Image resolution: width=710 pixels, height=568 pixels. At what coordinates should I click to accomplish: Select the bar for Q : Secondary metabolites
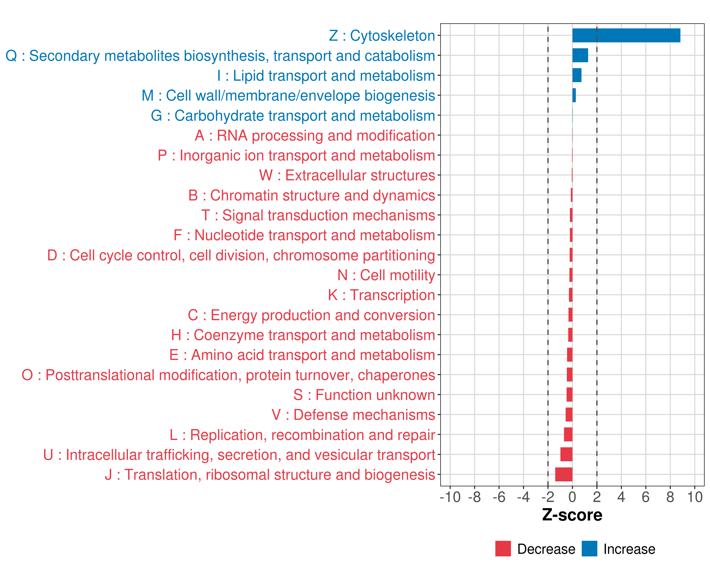click(x=580, y=55)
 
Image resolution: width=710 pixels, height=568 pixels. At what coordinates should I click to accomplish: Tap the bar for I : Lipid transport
click(x=577, y=75)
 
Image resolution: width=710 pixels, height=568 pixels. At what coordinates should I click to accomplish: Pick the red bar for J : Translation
click(x=564, y=475)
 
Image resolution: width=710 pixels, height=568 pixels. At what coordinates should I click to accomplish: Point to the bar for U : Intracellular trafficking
click(x=566, y=454)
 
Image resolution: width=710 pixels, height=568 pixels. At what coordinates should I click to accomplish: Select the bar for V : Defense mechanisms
click(x=569, y=415)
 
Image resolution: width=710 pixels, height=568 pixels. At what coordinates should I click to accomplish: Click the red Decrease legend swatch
click(x=503, y=549)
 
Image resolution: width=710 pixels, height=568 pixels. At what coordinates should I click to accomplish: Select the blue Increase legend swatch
click(x=590, y=549)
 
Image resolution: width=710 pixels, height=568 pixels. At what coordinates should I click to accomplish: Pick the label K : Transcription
click(x=382, y=295)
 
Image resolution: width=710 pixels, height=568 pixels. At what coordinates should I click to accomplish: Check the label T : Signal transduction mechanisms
click(x=318, y=216)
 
